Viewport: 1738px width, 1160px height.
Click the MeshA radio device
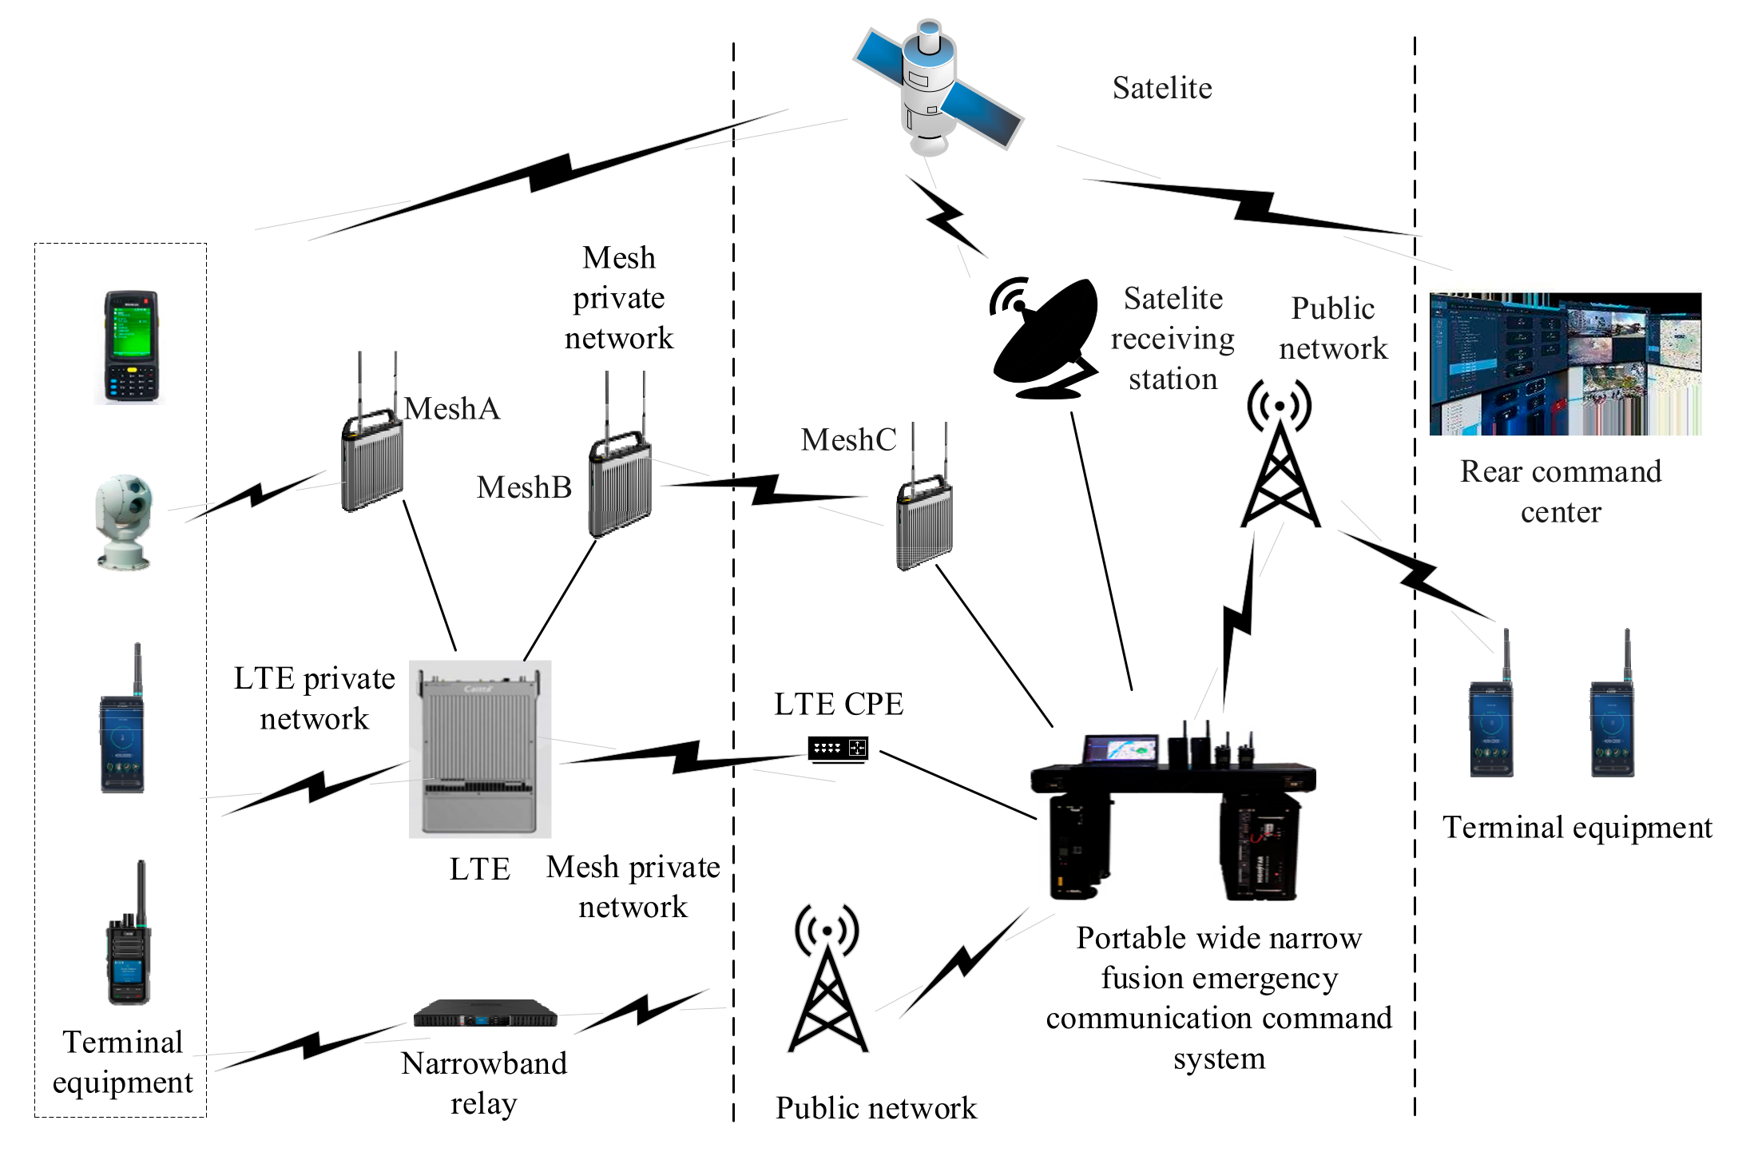click(372, 463)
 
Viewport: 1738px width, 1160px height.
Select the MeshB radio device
click(620, 483)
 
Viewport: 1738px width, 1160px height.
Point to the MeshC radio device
click(924, 523)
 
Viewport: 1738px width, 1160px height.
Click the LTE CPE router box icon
click(837, 749)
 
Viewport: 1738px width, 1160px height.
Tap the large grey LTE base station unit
click(479, 749)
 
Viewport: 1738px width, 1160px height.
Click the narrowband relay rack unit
click(485, 1014)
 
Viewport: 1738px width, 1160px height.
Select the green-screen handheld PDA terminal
click(131, 348)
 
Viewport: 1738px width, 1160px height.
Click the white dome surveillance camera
click(124, 522)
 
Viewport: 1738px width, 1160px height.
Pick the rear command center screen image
click(1565, 364)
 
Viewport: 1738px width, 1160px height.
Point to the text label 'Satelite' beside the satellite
click(1161, 88)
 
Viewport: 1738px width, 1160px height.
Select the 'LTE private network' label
click(314, 698)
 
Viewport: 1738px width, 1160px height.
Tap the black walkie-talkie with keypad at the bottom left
click(129, 939)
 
